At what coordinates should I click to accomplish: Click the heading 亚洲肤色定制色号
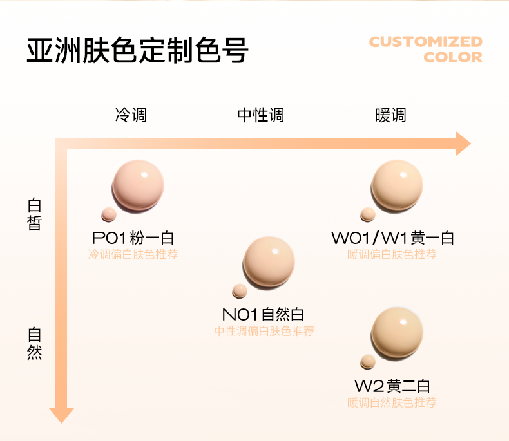tap(137, 51)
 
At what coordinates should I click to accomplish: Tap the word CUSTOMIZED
tap(425, 42)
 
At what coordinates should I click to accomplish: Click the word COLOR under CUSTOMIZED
tap(453, 57)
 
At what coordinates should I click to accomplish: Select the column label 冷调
tap(131, 115)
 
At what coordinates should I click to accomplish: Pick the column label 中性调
tap(261, 115)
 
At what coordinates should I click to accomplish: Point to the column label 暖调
tap(390, 115)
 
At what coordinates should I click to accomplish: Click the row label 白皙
tap(35, 214)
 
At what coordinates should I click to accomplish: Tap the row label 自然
tap(35, 344)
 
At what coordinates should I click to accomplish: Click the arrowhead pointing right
tap(463, 144)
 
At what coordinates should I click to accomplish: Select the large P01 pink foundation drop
tap(138, 185)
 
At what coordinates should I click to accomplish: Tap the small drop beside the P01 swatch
tap(109, 214)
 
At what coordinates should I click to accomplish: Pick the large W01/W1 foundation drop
tap(397, 185)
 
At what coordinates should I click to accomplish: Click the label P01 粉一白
tap(133, 238)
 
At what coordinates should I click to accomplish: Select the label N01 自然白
tap(263, 315)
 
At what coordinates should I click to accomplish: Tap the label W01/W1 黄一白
tap(392, 238)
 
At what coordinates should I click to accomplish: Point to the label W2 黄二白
tap(392, 386)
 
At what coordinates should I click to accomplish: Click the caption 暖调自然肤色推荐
tap(392, 403)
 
